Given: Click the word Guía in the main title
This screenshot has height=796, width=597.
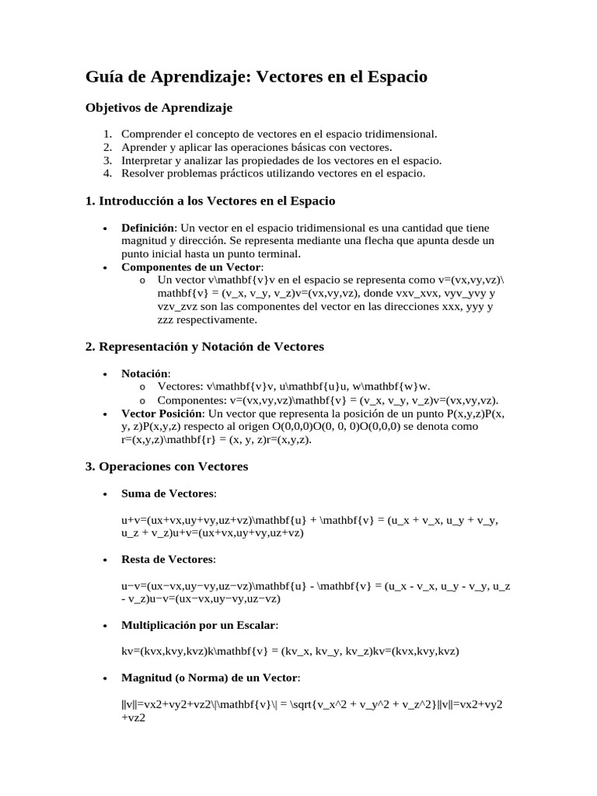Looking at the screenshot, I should click(105, 77).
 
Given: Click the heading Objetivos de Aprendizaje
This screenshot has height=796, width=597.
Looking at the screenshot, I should click(159, 107).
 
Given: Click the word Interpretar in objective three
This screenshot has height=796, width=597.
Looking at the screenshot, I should click(148, 160).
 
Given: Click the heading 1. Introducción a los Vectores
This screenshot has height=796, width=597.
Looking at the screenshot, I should click(210, 201).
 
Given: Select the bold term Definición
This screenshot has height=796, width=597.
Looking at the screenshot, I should click(148, 228).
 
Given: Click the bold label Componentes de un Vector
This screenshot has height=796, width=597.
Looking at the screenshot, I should click(191, 267).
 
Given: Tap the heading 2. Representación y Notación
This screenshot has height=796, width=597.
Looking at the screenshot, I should click(204, 346).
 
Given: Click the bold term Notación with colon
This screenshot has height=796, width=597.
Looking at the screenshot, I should click(145, 373).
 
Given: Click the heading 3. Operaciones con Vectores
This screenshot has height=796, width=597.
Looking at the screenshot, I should click(166, 466).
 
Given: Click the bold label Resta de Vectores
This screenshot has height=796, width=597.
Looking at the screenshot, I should click(168, 559).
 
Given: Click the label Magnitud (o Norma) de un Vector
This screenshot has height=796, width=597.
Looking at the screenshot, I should click(210, 678).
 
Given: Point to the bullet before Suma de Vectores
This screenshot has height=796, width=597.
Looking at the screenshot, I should click(105, 494).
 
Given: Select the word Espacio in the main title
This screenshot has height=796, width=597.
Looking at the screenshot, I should click(394, 77).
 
